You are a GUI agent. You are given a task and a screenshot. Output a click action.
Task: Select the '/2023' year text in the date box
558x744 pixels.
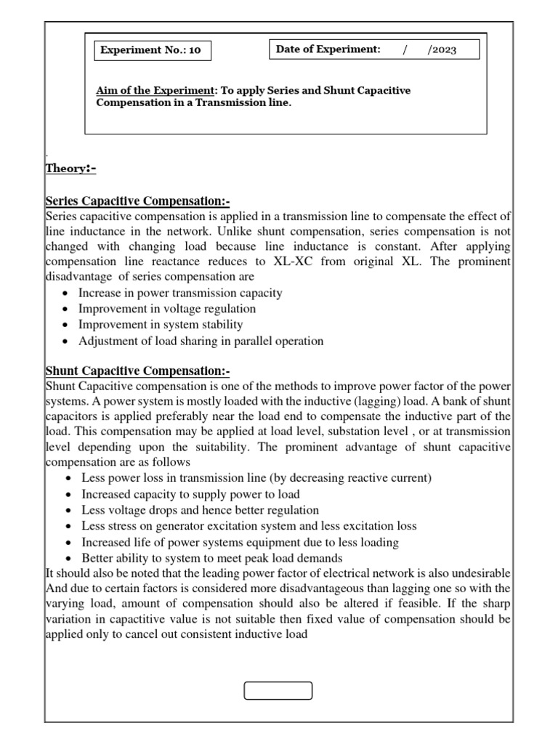tap(442, 49)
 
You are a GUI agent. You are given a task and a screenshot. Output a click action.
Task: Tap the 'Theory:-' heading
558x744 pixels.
tap(70, 169)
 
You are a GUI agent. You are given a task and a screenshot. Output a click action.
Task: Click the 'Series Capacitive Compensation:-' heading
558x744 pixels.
tap(137, 201)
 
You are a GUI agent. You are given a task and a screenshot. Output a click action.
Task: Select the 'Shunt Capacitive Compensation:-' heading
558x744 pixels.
tap(137, 371)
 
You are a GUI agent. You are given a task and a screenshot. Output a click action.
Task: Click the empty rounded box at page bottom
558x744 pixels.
tap(278, 690)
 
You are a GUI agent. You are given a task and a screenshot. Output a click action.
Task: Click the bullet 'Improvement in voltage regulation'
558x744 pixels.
tap(167, 309)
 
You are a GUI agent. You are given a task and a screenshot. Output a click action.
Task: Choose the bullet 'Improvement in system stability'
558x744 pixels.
tap(161, 325)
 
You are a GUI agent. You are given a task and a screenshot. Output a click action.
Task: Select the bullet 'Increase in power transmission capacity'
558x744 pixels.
tap(180, 293)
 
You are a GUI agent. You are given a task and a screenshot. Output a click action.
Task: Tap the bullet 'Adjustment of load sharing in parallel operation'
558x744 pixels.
tap(201, 341)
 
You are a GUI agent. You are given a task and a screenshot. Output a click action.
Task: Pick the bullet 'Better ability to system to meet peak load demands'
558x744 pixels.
tap(211, 558)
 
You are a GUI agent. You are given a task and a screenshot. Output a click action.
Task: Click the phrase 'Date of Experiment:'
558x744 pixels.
tap(328, 49)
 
